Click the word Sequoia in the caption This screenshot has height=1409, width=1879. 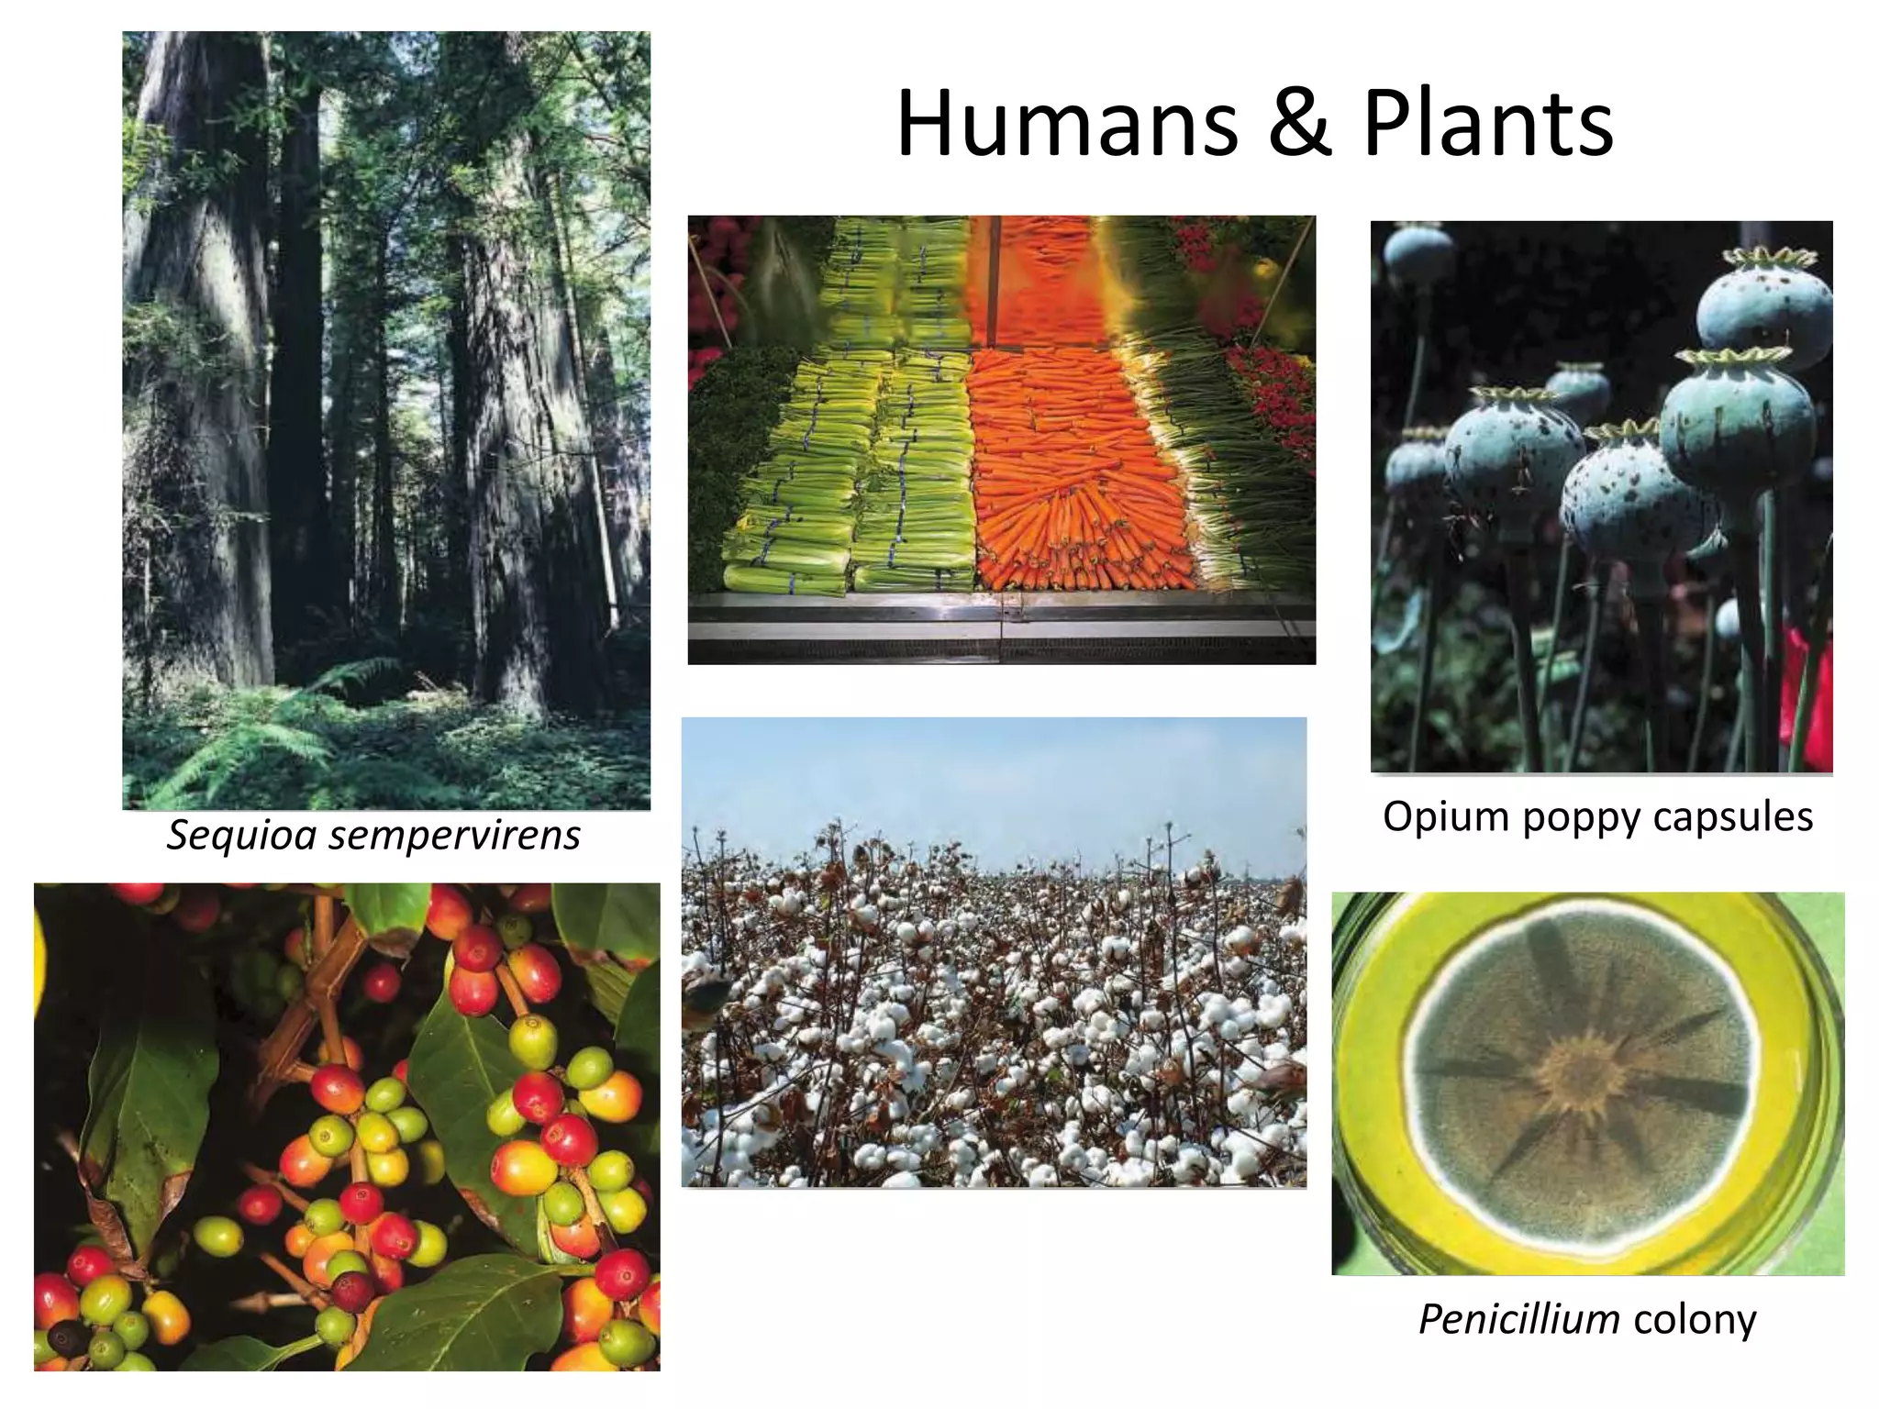tap(240, 836)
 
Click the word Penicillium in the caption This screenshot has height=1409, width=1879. tap(1518, 1320)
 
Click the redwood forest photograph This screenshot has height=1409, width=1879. tap(386, 367)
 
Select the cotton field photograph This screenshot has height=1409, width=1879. tap(994, 1009)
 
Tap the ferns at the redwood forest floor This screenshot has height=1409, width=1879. tap(275, 734)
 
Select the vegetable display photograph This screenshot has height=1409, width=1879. tap(1001, 439)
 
